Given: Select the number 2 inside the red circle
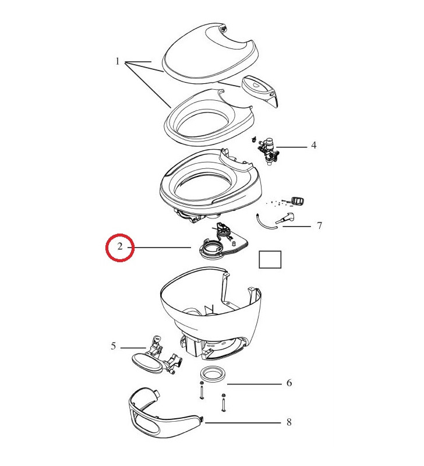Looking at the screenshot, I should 119,247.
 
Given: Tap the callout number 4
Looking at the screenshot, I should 313,145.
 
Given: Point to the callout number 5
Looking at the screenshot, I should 114,346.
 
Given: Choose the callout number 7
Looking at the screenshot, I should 319,225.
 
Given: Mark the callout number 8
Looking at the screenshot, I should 289,422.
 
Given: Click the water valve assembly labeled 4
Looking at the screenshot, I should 268,150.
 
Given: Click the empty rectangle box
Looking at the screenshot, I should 270,260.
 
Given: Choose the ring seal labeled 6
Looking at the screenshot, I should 213,374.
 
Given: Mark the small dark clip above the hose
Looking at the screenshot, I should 299,202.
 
